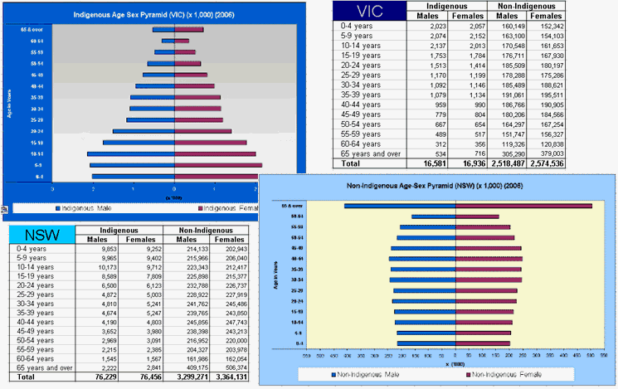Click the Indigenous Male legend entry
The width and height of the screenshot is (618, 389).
point(91,207)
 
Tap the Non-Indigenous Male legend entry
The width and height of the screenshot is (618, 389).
point(371,374)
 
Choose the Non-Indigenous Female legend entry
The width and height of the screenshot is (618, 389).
point(508,374)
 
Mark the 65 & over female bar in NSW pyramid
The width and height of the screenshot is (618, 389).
point(523,207)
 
